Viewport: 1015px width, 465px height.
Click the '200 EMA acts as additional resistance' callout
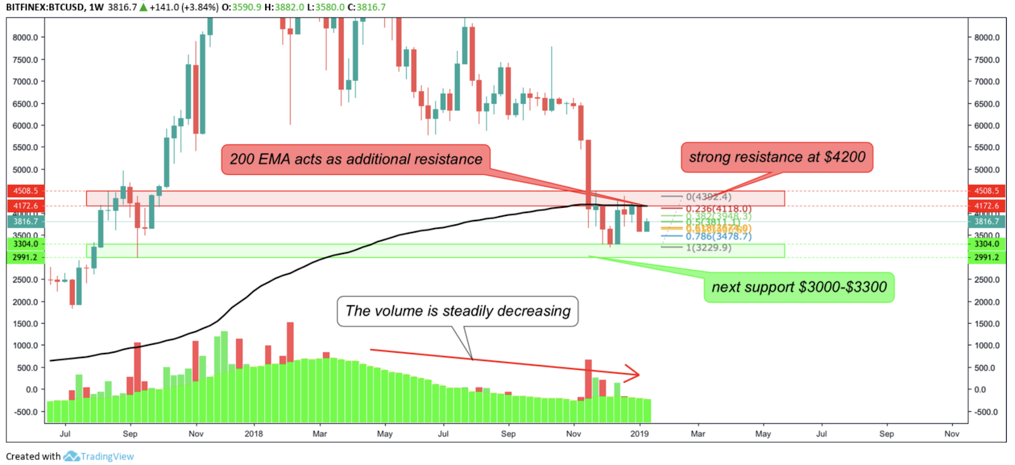356,159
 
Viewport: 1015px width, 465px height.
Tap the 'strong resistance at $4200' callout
777,157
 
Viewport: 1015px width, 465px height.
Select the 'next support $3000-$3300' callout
799,287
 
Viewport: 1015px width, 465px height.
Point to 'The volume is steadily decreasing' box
457,311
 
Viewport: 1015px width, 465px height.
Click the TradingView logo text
107,456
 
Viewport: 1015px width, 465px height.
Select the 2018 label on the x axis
254,434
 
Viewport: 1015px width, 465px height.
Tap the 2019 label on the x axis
639,434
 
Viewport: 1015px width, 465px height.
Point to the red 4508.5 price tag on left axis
25,191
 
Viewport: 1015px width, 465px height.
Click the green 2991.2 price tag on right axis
986,257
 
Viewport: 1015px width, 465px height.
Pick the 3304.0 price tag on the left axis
25,244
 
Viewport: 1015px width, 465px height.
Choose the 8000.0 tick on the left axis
25,37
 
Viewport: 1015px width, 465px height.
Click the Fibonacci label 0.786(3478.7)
718,236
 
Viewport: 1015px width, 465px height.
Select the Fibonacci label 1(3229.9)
709,248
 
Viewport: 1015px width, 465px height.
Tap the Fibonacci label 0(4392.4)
709,197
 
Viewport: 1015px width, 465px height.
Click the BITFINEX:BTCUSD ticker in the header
44,7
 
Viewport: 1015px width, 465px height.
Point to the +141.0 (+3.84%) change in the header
184,7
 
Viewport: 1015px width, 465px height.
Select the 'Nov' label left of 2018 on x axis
196,434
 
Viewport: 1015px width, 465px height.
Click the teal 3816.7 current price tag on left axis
25,222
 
